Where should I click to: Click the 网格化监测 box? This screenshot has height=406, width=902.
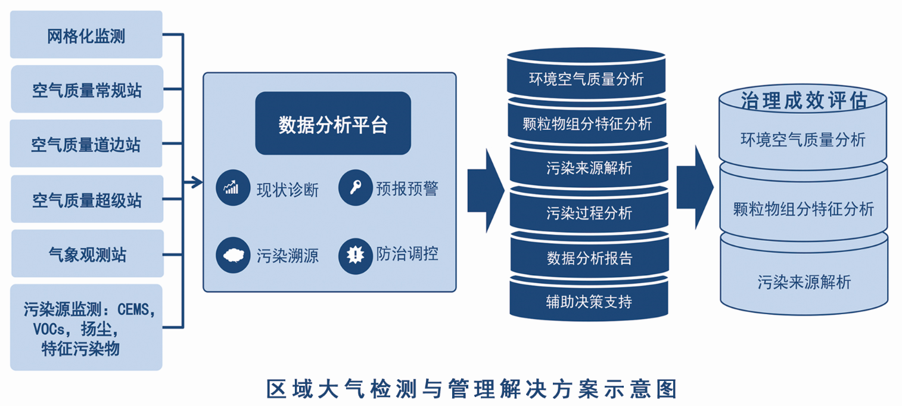click(86, 35)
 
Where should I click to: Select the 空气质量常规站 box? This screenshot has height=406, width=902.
click(87, 89)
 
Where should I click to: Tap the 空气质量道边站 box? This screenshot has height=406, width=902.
click(86, 144)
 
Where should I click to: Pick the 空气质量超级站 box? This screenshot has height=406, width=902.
click(87, 199)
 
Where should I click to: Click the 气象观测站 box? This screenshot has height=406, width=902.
click(87, 254)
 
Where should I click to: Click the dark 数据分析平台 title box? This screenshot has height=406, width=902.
click(333, 124)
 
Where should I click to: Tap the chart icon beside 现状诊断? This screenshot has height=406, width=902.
click(232, 188)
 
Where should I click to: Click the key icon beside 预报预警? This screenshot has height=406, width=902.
click(355, 188)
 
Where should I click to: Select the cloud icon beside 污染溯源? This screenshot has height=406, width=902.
click(232, 255)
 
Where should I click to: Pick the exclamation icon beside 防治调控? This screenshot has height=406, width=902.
click(355, 255)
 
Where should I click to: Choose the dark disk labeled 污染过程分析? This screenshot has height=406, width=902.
click(589, 213)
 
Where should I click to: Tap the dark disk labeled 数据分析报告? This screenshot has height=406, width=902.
click(589, 258)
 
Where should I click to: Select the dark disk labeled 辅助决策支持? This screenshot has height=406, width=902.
click(589, 301)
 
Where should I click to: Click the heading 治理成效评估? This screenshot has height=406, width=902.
click(803, 100)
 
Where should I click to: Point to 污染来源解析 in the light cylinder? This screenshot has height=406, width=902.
click(804, 281)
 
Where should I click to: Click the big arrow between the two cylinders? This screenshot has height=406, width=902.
click(695, 187)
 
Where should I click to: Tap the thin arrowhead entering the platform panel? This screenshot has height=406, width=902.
click(195, 182)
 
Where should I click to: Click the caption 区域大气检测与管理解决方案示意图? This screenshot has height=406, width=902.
click(471, 389)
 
